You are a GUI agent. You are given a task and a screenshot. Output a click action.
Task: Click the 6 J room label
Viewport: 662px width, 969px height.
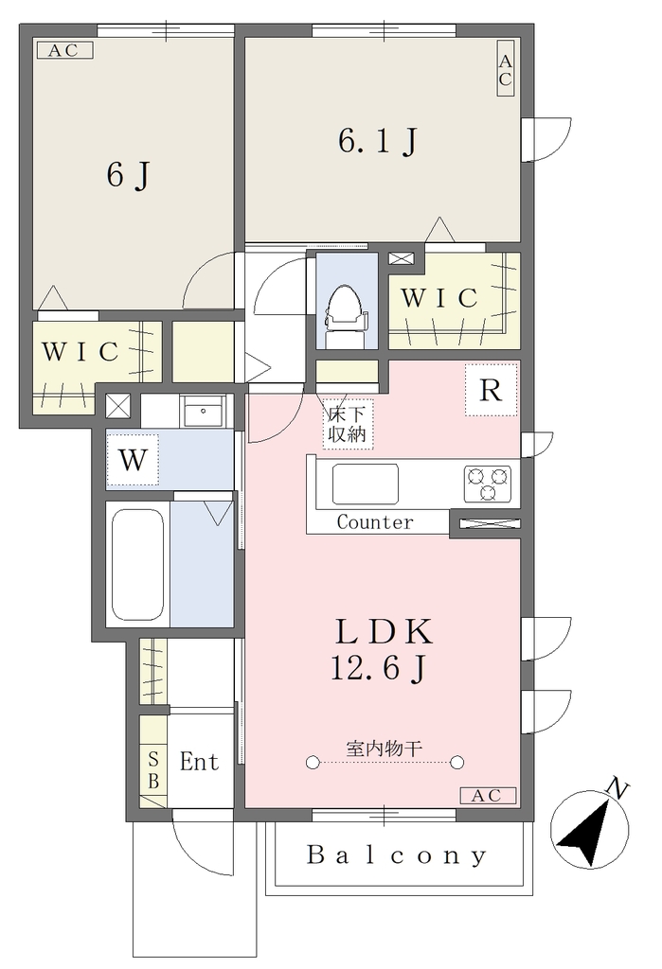(x=128, y=175)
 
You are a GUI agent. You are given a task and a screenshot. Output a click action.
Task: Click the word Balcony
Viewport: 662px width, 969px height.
(x=397, y=855)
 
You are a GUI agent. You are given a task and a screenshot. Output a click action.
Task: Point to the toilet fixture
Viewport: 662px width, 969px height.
(x=347, y=316)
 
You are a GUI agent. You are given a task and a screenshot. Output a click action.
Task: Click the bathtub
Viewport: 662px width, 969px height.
(x=138, y=564)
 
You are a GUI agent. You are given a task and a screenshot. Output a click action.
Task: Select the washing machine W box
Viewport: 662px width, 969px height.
(x=133, y=460)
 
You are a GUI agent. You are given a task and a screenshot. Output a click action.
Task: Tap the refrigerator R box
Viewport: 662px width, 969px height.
(x=491, y=390)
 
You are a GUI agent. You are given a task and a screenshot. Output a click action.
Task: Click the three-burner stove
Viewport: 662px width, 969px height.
(x=488, y=484)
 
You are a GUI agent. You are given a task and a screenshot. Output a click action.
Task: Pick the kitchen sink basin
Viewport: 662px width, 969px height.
(x=365, y=484)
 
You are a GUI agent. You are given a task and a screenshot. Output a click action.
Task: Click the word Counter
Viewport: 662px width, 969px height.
(x=375, y=522)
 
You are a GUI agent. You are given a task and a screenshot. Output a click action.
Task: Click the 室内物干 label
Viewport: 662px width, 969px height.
(x=385, y=749)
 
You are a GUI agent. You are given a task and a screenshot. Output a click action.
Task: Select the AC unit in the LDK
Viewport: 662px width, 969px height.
(x=488, y=796)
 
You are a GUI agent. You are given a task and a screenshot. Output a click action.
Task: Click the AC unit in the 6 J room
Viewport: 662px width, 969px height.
(x=64, y=50)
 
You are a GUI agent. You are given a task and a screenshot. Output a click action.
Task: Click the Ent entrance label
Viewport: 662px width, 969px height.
(x=199, y=762)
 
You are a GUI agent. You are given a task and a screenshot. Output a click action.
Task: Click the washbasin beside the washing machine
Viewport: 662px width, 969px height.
(x=203, y=411)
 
